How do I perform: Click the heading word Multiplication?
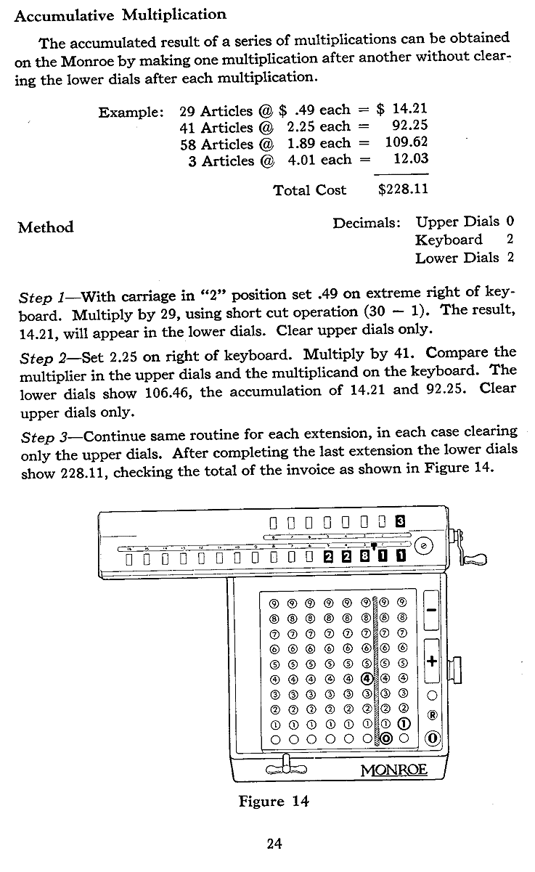point(174,14)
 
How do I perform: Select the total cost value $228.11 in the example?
point(404,190)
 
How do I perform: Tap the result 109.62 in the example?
point(406,144)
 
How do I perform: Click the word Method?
point(46,227)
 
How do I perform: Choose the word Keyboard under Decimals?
point(449,240)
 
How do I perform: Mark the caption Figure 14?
point(274,802)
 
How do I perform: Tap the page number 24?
point(274,843)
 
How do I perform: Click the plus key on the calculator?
point(432,661)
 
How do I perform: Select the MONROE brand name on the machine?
point(393,768)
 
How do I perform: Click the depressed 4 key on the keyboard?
point(367,679)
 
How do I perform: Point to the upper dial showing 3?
point(399,521)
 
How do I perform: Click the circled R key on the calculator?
point(433,714)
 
